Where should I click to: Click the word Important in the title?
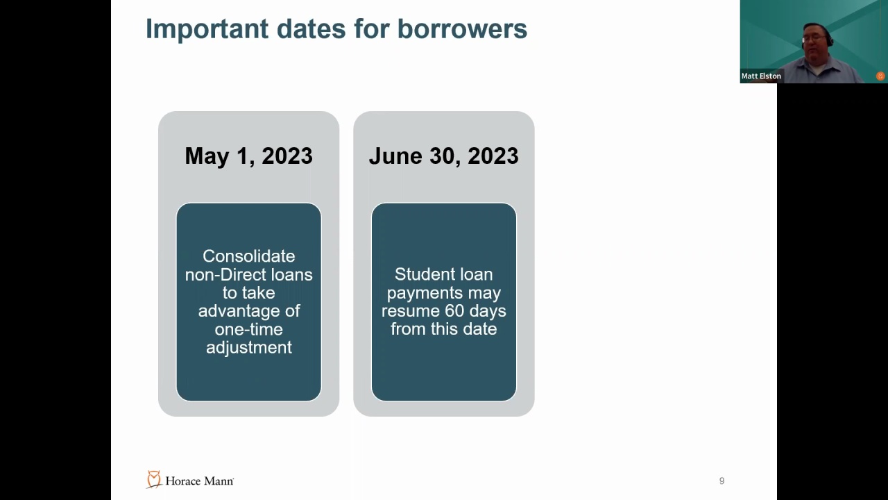click(207, 29)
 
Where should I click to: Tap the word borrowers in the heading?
click(462, 29)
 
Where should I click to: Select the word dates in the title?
click(311, 29)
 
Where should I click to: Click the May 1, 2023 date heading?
click(248, 156)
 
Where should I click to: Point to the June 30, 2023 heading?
click(443, 156)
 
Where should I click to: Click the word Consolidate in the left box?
click(249, 256)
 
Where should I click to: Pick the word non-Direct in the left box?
click(225, 274)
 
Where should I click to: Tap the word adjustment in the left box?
click(249, 348)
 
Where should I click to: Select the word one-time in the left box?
click(249, 329)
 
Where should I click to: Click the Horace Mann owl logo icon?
click(154, 479)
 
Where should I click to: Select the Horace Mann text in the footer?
click(199, 481)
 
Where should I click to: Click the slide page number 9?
click(722, 481)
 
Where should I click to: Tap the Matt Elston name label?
click(761, 76)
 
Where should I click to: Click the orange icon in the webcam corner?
click(880, 76)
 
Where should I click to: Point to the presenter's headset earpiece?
click(830, 40)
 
